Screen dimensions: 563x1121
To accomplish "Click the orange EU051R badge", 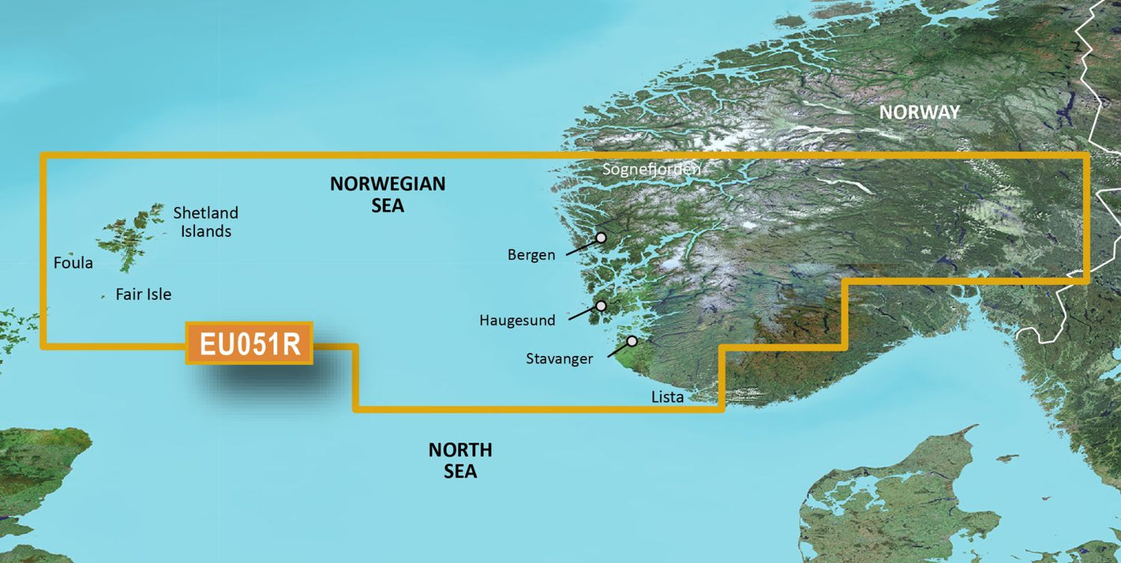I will [249, 343].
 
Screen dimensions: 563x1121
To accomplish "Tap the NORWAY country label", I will [920, 112].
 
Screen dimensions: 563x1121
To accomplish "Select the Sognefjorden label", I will [651, 169].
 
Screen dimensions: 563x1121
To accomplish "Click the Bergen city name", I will [531, 255].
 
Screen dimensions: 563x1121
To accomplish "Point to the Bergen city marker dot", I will [601, 237].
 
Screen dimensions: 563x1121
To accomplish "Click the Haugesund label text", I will [517, 321].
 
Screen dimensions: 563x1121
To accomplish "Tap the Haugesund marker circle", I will [601, 306].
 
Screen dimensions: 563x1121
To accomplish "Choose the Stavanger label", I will [559, 359].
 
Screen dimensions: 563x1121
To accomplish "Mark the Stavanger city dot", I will [632, 341].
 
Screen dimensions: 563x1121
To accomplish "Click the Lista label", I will [667, 396].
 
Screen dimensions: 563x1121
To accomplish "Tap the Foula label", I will [73, 263].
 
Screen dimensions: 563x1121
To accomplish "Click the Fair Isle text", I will [143, 295].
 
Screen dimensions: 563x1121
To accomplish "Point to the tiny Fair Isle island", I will [103, 297].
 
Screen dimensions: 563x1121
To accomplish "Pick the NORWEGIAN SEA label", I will [388, 194].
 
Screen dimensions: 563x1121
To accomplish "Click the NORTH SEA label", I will [460, 460].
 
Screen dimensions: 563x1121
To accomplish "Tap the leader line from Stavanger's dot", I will [619, 350].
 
